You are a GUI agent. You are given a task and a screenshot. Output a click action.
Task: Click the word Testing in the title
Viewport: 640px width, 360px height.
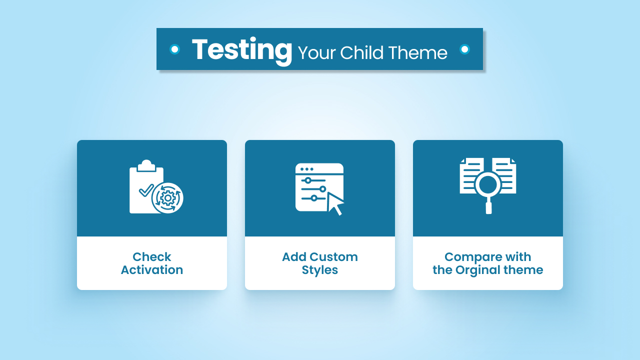(x=242, y=49)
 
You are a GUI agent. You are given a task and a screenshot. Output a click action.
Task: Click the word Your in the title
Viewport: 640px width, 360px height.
(x=317, y=52)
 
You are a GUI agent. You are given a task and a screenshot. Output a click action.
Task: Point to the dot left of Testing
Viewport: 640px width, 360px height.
(x=174, y=49)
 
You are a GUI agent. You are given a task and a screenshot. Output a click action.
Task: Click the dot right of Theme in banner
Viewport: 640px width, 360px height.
(x=464, y=49)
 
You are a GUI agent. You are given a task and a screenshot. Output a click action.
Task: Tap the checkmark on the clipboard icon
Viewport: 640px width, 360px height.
(x=145, y=190)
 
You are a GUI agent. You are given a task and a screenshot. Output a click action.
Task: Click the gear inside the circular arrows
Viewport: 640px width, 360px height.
(x=168, y=198)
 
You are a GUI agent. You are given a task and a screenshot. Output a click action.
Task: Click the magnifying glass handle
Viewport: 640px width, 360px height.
(x=488, y=207)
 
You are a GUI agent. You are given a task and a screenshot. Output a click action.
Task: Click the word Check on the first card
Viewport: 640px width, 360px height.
(x=152, y=257)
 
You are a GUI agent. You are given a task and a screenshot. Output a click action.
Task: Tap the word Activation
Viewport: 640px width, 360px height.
(x=152, y=270)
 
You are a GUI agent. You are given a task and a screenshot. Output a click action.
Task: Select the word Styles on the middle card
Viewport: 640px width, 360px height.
(x=320, y=270)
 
